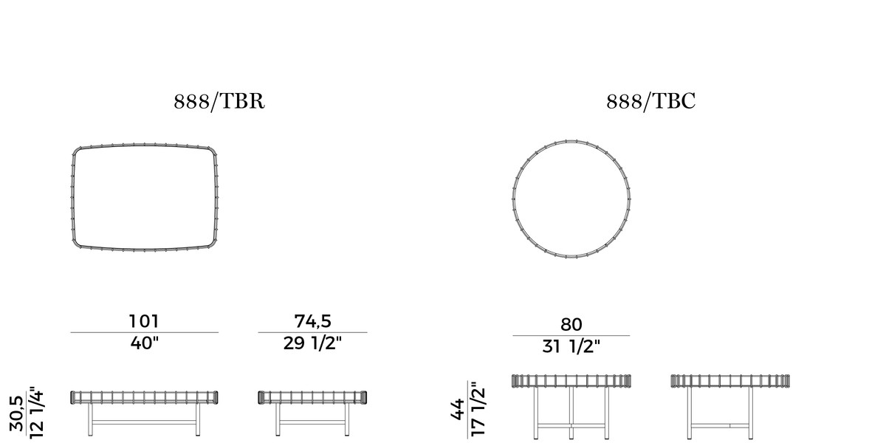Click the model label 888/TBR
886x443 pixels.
tap(219, 101)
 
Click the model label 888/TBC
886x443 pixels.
tap(650, 101)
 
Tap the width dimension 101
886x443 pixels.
tap(144, 321)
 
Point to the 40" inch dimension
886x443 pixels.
tap(145, 343)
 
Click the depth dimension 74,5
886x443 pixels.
tap(312, 321)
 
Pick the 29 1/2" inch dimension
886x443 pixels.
tap(312, 343)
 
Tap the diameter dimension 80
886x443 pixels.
tap(571, 324)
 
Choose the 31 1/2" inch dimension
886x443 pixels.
tap(571, 346)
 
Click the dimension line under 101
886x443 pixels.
tap(145, 332)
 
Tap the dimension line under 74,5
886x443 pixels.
tap(312, 332)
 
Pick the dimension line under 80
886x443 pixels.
tap(571, 335)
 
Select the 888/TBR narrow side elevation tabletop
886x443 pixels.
tap(312, 397)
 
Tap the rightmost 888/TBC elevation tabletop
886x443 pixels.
tap(731, 380)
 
